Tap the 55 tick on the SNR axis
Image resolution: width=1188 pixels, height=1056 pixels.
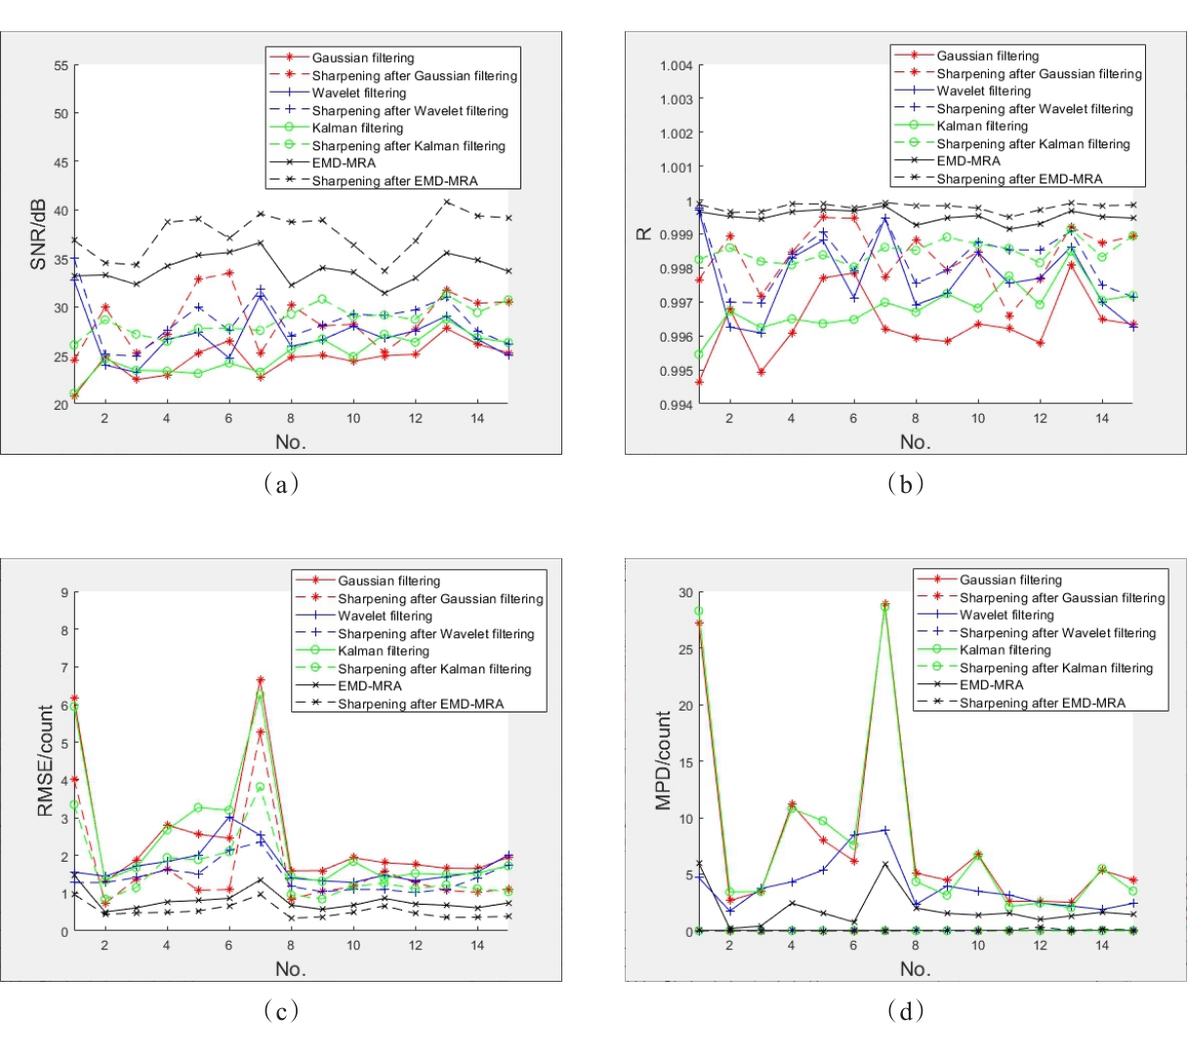[x=61, y=65]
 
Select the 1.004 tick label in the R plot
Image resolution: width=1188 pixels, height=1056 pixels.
[x=676, y=65]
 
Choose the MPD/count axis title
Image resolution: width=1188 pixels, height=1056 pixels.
[x=664, y=760]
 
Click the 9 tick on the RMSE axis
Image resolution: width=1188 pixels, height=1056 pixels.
[x=63, y=592]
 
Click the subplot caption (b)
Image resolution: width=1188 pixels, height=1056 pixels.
[x=906, y=483]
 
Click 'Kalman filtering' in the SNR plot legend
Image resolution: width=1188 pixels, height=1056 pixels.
[x=357, y=128]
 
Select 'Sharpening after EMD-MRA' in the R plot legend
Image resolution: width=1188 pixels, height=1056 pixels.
[x=1019, y=179]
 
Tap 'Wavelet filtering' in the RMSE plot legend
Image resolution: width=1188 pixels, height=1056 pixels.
[x=385, y=616]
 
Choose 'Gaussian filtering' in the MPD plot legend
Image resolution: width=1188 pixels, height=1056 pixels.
[x=1010, y=580]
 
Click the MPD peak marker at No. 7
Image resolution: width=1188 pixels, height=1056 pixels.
[x=885, y=605]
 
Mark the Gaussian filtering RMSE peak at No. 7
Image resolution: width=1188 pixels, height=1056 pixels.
[x=261, y=680]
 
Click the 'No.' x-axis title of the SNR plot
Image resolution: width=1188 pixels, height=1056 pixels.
[x=290, y=442]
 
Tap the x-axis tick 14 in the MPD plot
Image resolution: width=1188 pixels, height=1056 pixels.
[x=1102, y=946]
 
